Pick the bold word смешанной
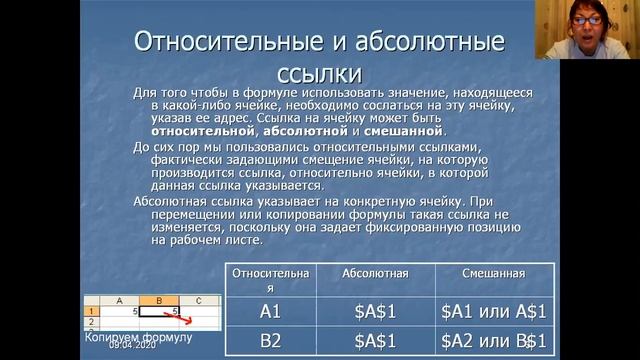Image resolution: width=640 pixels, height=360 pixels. (404, 131)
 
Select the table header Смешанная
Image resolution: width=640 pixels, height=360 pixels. (493, 273)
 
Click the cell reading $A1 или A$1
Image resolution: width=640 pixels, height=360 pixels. (493, 311)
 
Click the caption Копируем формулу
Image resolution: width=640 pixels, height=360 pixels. (138, 337)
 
